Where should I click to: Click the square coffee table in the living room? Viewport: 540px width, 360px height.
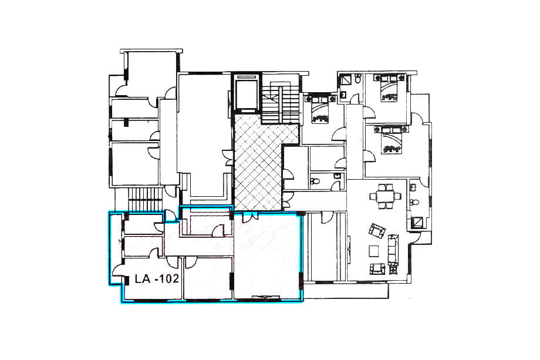pyautogui.click(x=374, y=251)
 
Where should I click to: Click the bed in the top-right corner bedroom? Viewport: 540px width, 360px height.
pyautogui.click(x=389, y=90)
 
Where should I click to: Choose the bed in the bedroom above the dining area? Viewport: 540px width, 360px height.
pyautogui.click(x=389, y=141)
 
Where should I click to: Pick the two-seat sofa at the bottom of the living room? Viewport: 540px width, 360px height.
pyautogui.click(x=376, y=269)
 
